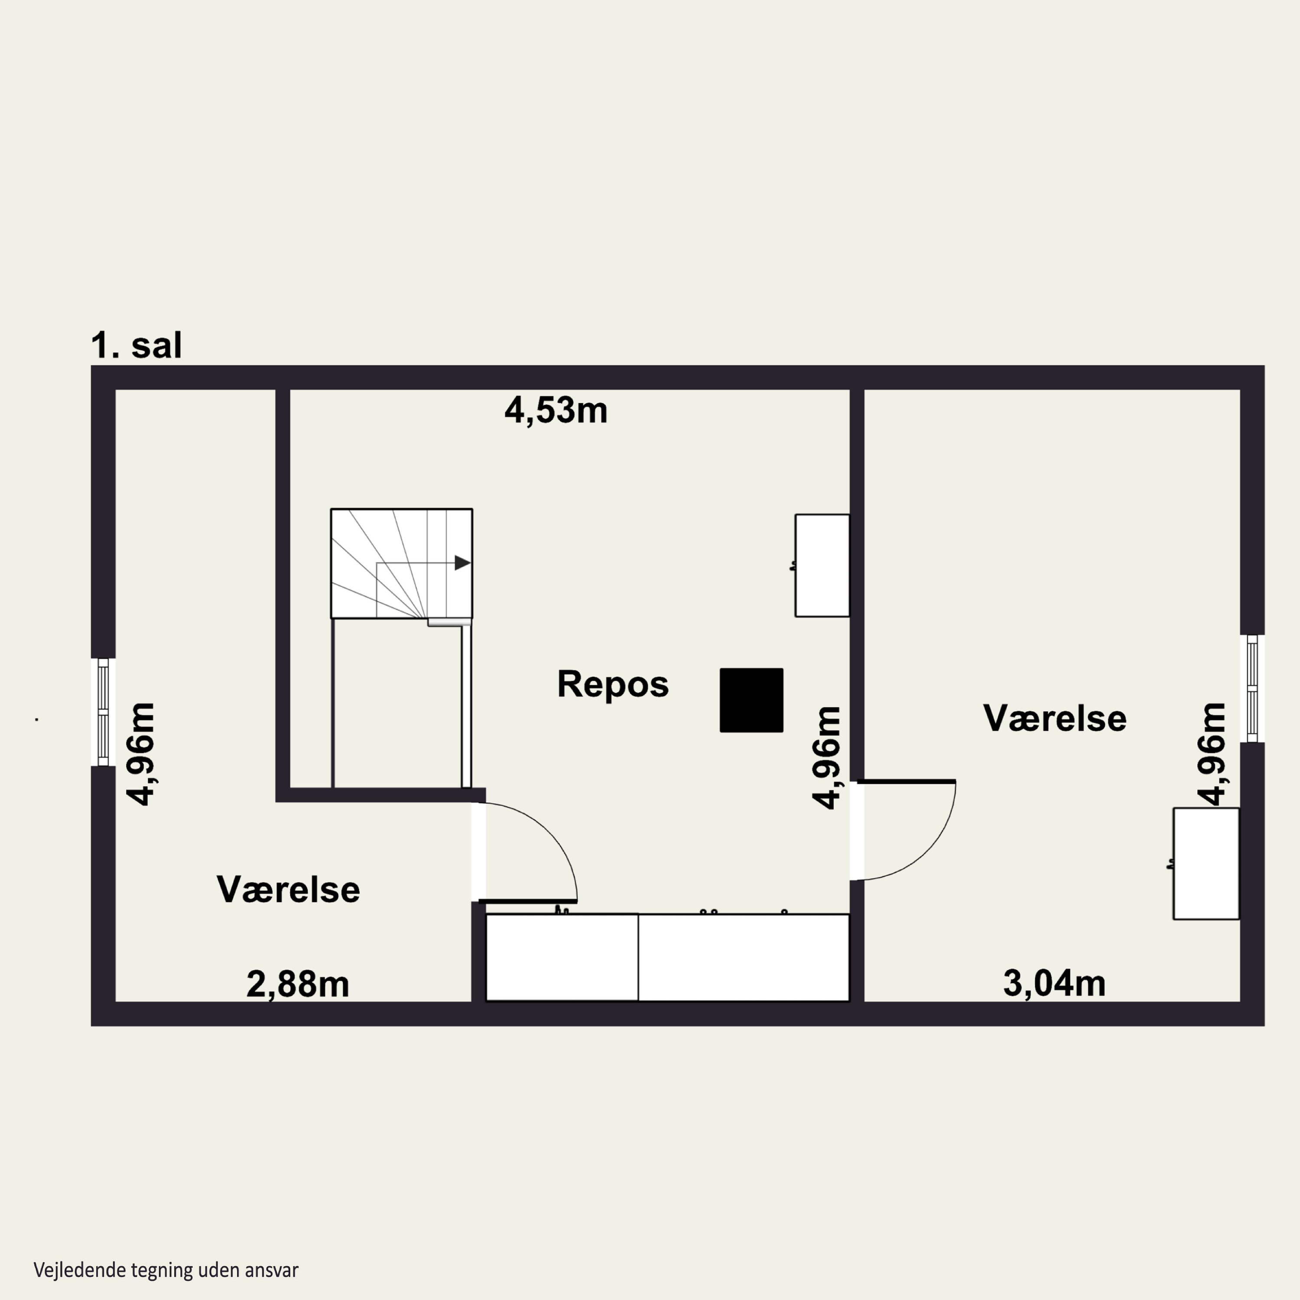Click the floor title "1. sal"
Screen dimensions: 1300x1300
point(136,345)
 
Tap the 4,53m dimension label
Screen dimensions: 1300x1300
point(556,410)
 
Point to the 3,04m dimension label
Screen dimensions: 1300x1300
point(1054,983)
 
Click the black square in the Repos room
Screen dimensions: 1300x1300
point(751,700)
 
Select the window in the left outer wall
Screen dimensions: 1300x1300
point(103,712)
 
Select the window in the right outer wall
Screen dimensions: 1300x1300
point(1252,689)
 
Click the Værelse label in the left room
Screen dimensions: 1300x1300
point(289,890)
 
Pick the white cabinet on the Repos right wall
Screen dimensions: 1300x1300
point(822,565)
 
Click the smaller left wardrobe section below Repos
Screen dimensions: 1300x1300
point(562,957)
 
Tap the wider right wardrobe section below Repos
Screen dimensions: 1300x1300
point(744,957)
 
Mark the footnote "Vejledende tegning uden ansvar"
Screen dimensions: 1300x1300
point(166,1270)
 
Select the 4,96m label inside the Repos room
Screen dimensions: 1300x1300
point(827,757)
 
